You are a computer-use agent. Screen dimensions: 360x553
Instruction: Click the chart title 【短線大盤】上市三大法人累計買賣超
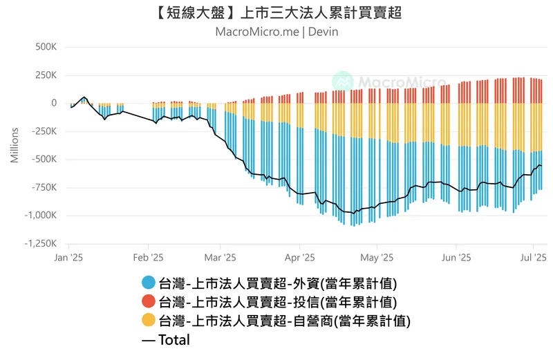click(276, 13)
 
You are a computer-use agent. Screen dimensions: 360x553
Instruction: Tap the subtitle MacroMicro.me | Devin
click(276, 32)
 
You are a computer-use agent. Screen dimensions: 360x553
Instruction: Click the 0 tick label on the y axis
click(53, 103)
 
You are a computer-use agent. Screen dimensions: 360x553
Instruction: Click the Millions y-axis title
click(15, 145)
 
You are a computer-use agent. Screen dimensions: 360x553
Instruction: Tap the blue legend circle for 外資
click(148, 283)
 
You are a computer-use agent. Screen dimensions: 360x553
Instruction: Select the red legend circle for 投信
click(148, 301)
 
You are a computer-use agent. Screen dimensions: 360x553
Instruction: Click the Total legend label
click(174, 339)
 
